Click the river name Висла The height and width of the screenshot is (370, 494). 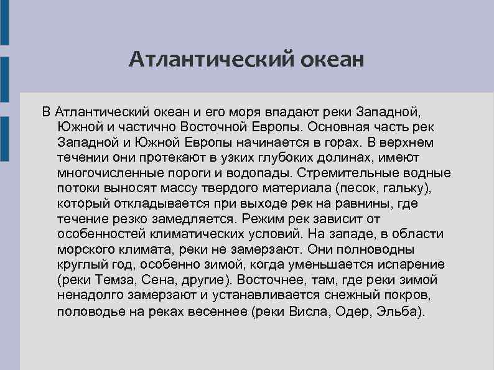pos(308,312)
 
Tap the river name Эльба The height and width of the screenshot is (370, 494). pos(400,312)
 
